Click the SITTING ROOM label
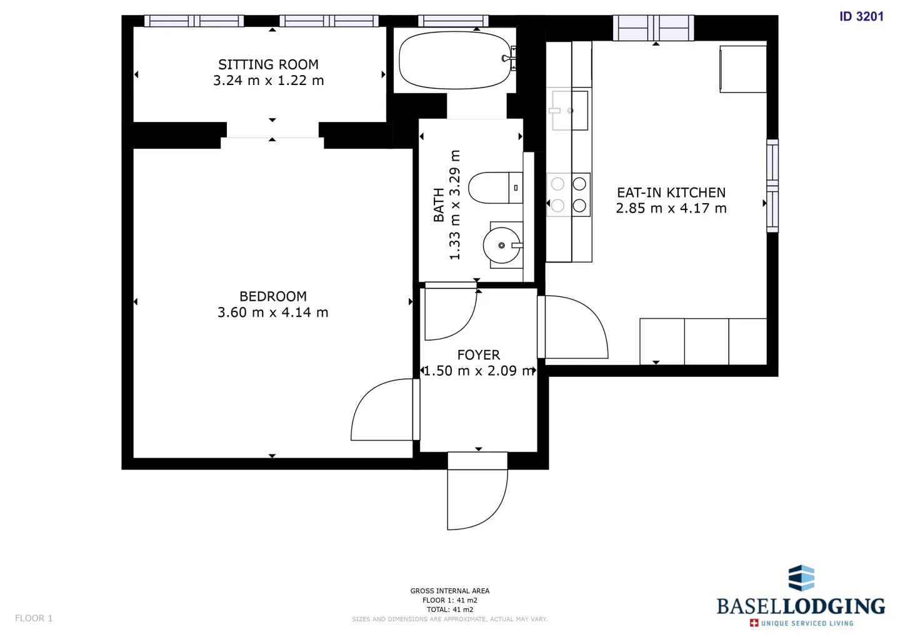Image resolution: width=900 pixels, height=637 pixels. click(x=268, y=64)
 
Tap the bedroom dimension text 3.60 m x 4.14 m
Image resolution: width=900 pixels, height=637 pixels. click(x=272, y=313)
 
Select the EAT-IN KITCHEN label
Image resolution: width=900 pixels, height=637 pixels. click(x=671, y=193)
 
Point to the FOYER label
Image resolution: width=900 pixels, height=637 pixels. click(x=478, y=355)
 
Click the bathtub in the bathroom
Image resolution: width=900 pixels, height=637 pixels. click(x=455, y=60)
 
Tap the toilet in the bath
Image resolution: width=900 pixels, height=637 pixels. click(x=494, y=188)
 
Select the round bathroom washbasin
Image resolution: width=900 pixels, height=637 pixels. click(x=502, y=245)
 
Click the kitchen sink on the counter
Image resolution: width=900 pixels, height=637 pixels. click(x=569, y=111)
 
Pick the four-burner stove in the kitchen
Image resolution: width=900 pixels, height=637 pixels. click(x=569, y=194)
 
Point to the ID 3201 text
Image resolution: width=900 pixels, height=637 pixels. click(x=861, y=17)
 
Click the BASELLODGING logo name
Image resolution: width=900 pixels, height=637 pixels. click(x=800, y=606)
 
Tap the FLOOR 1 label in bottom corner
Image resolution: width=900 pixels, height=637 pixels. click(x=34, y=618)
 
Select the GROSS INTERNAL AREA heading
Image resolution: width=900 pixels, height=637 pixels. click(x=449, y=591)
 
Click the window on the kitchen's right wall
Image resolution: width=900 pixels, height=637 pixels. click(x=772, y=186)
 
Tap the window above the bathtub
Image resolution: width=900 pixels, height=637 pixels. click(x=452, y=21)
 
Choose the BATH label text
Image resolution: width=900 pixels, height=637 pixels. click(x=439, y=205)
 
